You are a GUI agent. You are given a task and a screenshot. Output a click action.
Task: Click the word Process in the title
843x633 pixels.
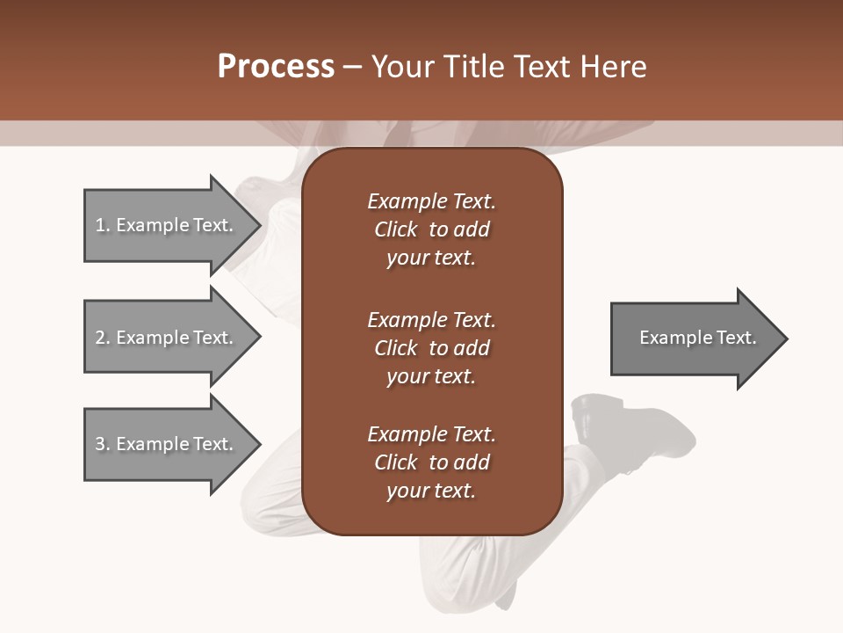click(x=276, y=67)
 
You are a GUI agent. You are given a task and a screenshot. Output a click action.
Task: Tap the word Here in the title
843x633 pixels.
click(x=612, y=67)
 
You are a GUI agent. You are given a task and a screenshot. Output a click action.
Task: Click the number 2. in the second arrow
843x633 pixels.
click(x=103, y=338)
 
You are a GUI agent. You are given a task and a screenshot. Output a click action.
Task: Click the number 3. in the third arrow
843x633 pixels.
click(x=103, y=444)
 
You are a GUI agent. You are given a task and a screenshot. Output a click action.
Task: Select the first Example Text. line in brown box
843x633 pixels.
click(x=431, y=201)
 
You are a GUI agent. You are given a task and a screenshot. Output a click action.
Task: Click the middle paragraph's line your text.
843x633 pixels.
click(x=431, y=376)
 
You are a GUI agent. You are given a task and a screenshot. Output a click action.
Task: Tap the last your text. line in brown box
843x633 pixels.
click(x=431, y=491)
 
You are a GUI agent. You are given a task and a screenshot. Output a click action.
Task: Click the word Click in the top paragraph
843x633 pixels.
click(x=396, y=229)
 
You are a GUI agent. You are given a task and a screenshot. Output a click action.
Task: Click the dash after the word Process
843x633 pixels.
click(x=353, y=67)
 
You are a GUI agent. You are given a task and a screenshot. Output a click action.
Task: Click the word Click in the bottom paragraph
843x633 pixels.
click(x=396, y=462)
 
